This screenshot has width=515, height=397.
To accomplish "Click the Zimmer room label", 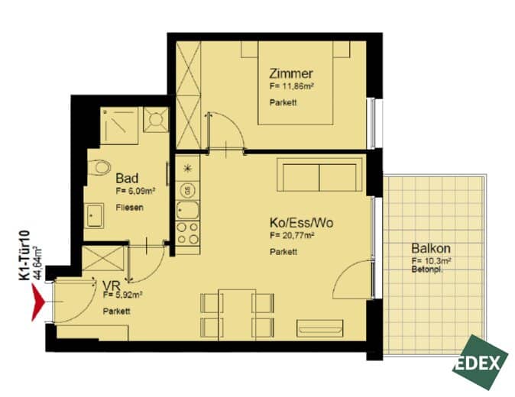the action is (290, 73).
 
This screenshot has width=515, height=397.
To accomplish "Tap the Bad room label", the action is (127, 179).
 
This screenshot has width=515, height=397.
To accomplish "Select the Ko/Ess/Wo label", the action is (301, 223).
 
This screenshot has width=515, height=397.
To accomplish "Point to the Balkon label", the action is (431, 248).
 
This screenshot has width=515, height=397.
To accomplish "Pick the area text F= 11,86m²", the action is (291, 86).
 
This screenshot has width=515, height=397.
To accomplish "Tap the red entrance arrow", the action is (37, 302).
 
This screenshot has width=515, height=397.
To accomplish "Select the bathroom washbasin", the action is (94, 215).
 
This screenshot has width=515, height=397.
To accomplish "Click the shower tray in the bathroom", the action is (119, 125).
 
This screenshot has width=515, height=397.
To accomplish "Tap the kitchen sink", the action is (187, 210).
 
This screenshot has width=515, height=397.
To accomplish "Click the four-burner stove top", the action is (187, 234).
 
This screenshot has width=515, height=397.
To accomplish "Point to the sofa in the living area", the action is (319, 175).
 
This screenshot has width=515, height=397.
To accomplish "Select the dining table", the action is (237, 315).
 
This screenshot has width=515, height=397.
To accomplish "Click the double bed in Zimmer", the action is (296, 82).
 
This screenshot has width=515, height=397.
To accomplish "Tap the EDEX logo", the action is (480, 362).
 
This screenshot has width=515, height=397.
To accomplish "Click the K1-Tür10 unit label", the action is (24, 256).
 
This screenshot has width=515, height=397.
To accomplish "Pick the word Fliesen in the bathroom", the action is (129, 208).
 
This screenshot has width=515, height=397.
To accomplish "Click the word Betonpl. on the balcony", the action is (427, 270).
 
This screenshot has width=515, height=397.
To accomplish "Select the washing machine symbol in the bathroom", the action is (156, 120).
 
